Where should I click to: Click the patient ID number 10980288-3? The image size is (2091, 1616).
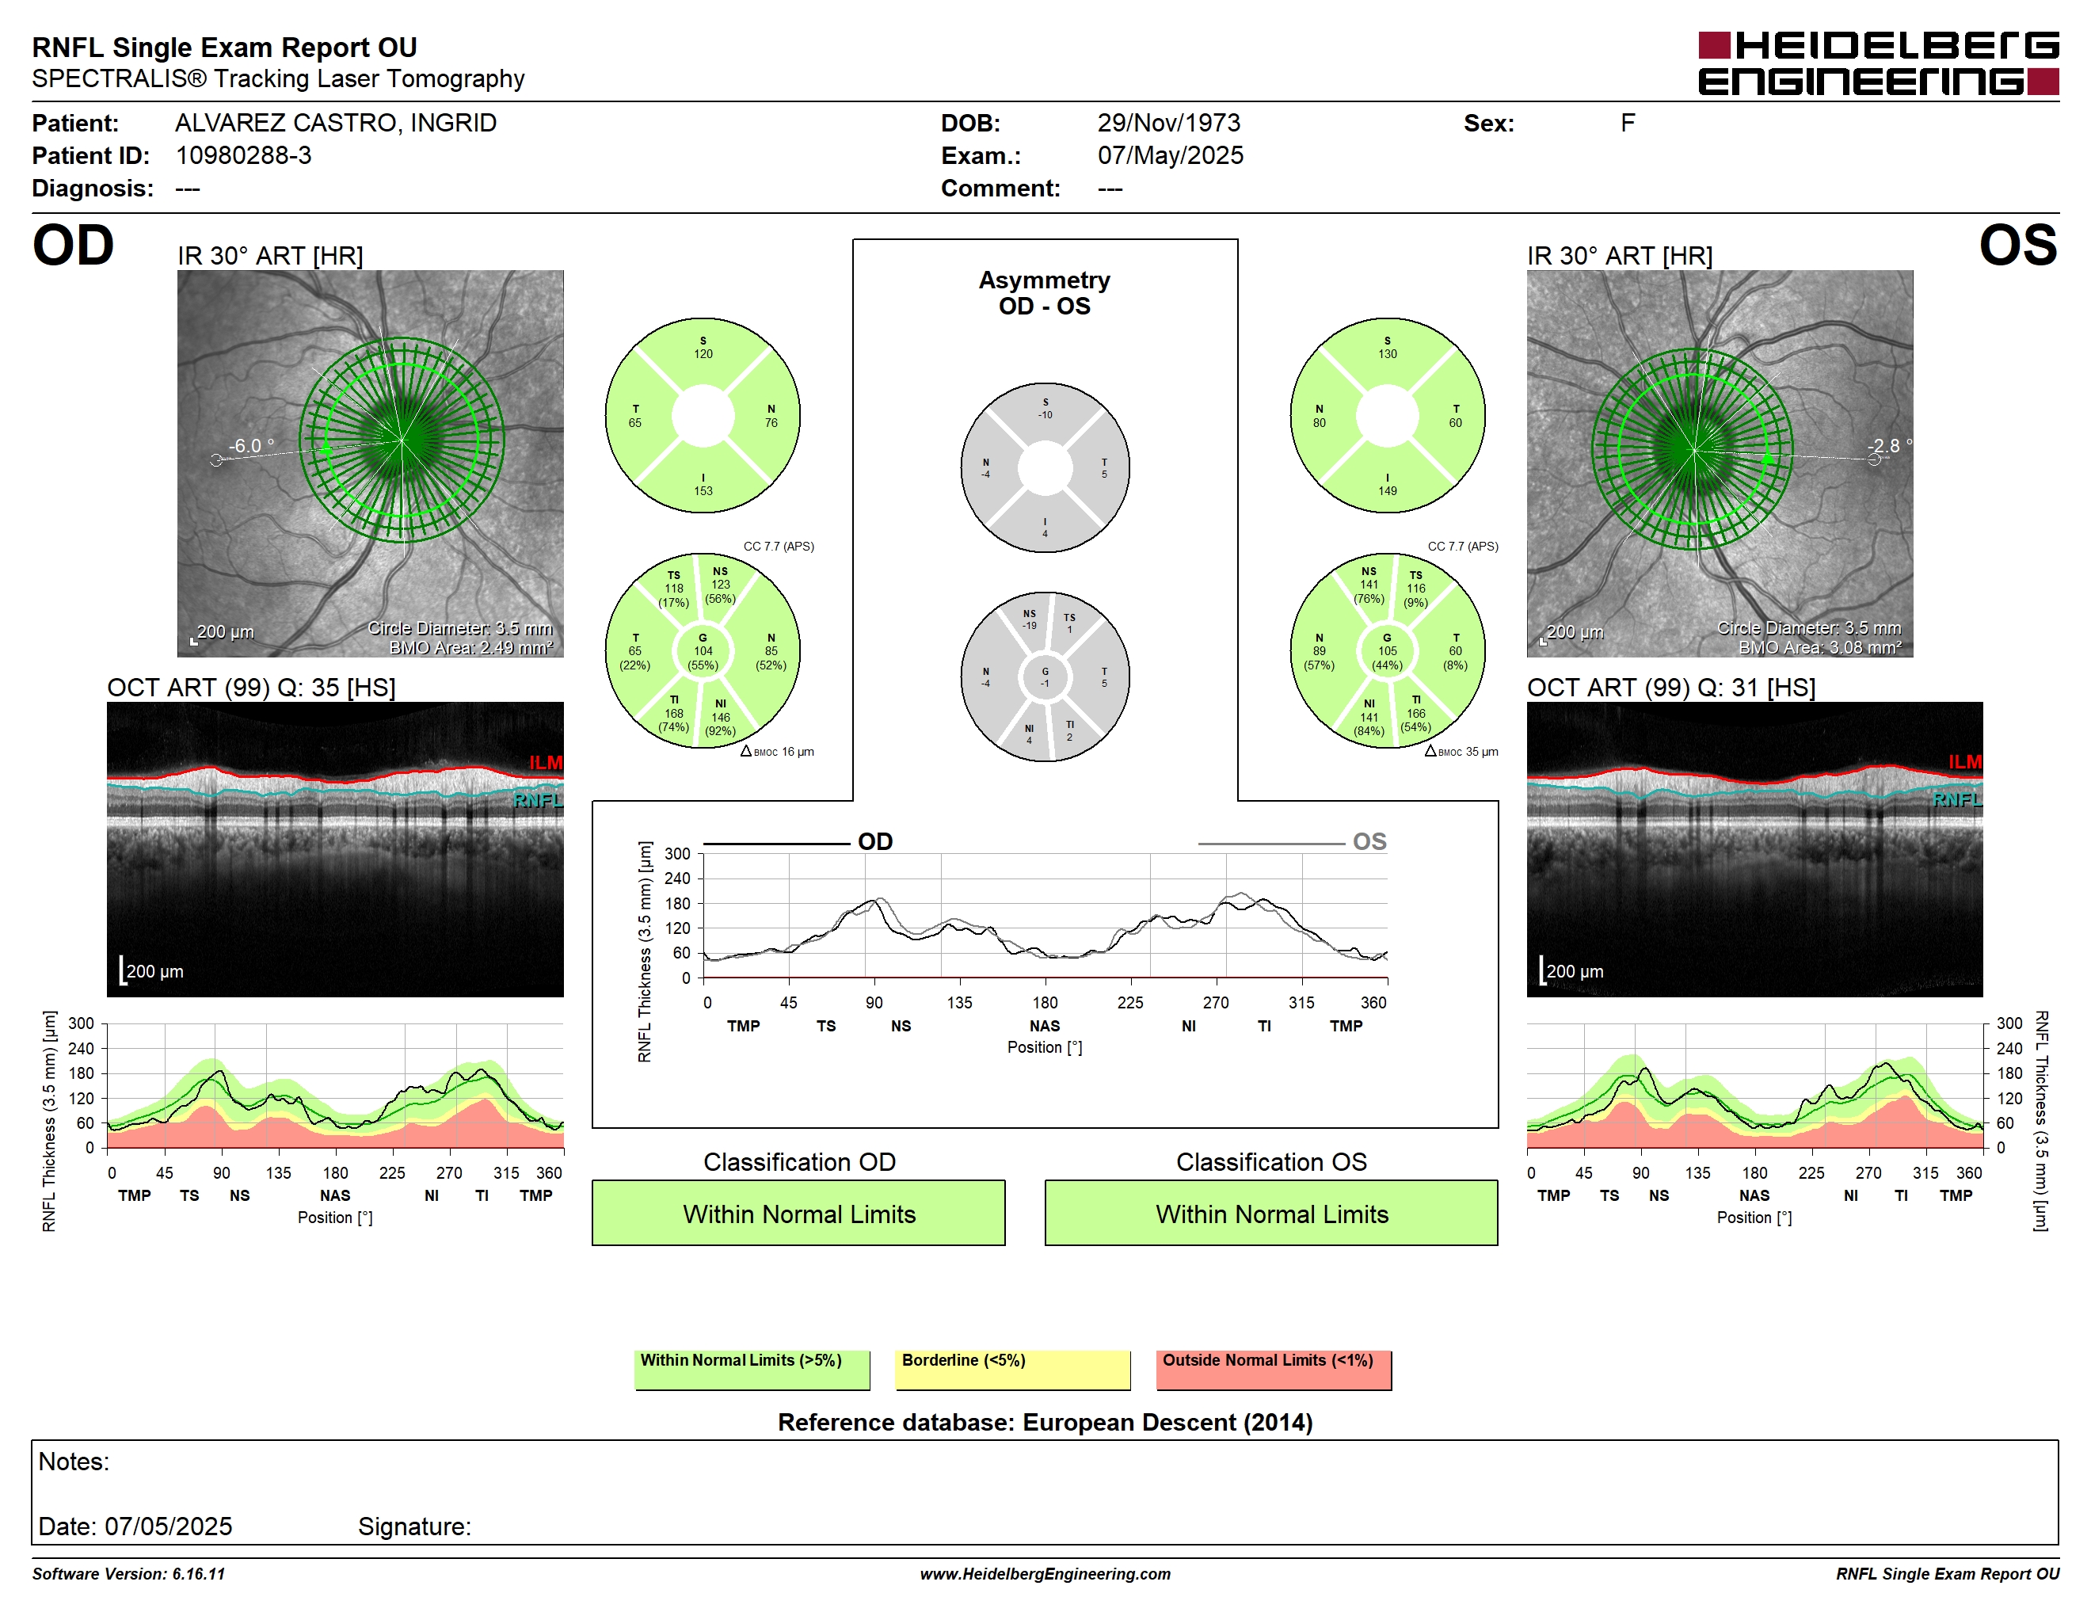(x=243, y=155)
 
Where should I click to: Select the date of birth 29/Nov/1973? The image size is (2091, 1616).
(x=1168, y=123)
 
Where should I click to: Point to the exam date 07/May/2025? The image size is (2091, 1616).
(x=1170, y=155)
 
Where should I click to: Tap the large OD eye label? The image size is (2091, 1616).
(x=73, y=246)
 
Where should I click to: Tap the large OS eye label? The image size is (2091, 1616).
(x=2017, y=246)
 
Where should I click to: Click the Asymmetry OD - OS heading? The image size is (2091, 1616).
(x=1045, y=293)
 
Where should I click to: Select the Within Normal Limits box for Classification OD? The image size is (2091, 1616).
(x=798, y=1213)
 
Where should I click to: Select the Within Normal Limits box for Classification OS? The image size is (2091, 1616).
(x=1271, y=1213)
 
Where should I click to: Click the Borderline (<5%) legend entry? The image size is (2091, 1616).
(x=1013, y=1369)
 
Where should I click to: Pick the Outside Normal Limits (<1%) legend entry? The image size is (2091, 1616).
(x=1274, y=1369)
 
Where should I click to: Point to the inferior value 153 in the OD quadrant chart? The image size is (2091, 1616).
(x=703, y=491)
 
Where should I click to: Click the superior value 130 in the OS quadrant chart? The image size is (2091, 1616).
(x=1388, y=354)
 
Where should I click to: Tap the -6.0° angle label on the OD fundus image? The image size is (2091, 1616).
(x=251, y=445)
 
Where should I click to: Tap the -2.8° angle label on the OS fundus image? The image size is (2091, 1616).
(x=1889, y=445)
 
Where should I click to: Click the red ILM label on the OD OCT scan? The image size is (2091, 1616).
(x=546, y=762)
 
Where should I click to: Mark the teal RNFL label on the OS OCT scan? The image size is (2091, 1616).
(x=1957, y=799)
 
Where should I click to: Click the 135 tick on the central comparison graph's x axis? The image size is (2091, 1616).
(x=959, y=1002)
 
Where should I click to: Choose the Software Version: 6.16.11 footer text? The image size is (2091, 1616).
(x=128, y=1574)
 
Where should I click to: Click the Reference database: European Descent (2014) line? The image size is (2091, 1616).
(x=1045, y=1422)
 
